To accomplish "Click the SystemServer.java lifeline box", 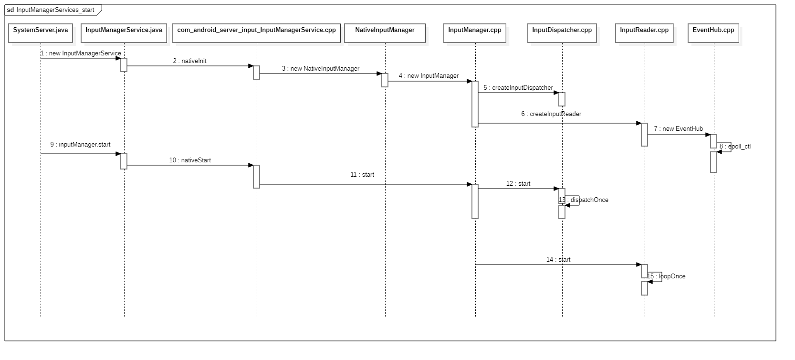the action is click(41, 33).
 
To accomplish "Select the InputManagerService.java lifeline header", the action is click(124, 33).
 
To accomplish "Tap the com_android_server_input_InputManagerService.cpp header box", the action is click(256, 33).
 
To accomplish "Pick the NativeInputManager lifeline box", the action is click(385, 33).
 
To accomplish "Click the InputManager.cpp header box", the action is click(475, 33).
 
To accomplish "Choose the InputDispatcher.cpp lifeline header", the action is click(562, 33).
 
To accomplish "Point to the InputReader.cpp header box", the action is click(644, 33).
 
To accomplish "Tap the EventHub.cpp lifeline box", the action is click(713, 33).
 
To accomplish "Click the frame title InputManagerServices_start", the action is click(55, 10).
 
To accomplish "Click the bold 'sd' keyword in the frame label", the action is click(10, 10).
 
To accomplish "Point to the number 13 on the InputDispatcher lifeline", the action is click(562, 200).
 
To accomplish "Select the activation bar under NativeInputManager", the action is click(385, 80).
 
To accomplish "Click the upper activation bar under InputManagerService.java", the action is click(124, 65).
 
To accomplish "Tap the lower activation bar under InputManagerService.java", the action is click(124, 161).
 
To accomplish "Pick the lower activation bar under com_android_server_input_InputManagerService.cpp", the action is click(256, 177).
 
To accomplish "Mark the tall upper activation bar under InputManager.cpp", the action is click(475, 104).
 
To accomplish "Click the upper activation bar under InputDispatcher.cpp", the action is click(562, 99).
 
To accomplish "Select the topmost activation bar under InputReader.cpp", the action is click(644, 135).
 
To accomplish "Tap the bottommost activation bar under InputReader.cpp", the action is click(644, 288).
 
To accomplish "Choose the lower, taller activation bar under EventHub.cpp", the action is click(713, 162).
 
